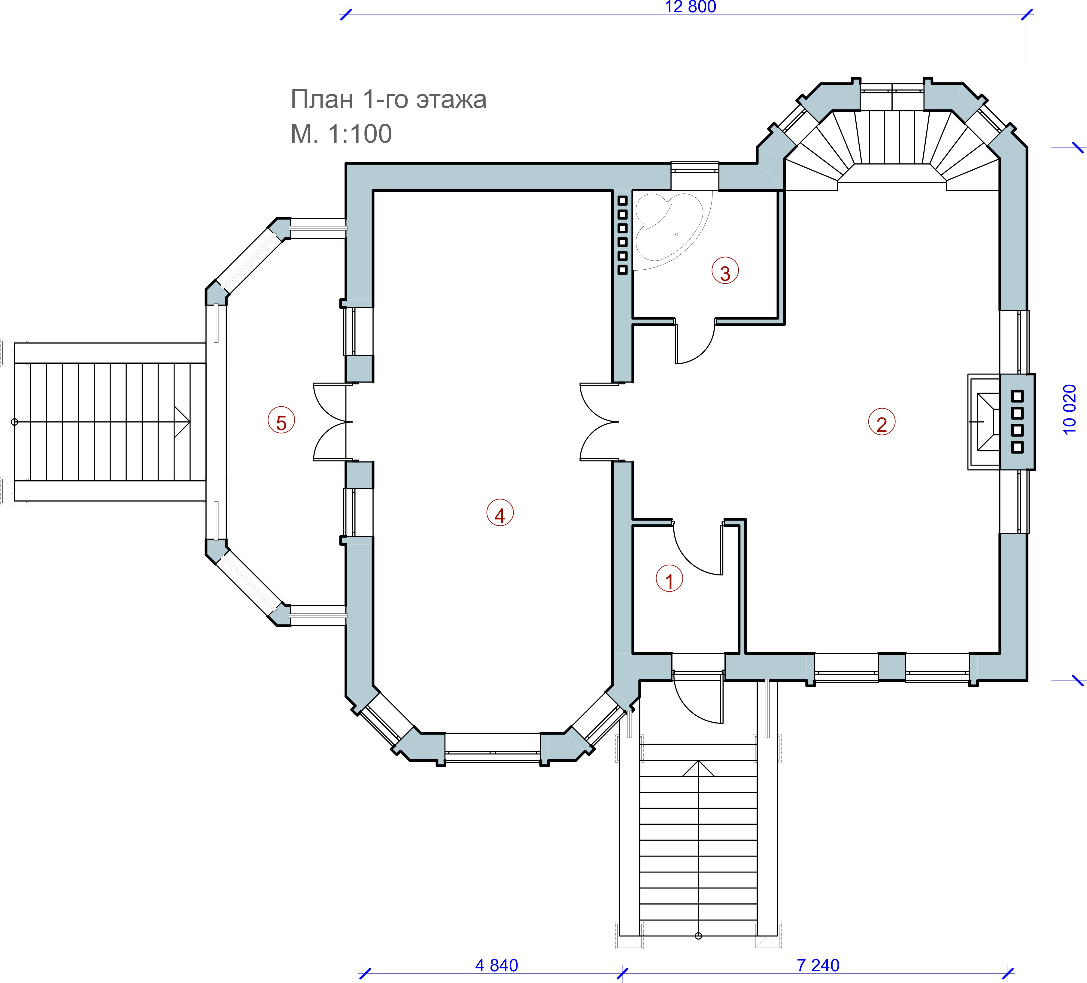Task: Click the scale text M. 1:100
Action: pyautogui.click(x=341, y=134)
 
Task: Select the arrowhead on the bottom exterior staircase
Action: pyautogui.click(x=698, y=768)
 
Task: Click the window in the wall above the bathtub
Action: pyautogui.click(x=694, y=168)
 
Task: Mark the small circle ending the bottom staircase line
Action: pyautogui.click(x=698, y=936)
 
